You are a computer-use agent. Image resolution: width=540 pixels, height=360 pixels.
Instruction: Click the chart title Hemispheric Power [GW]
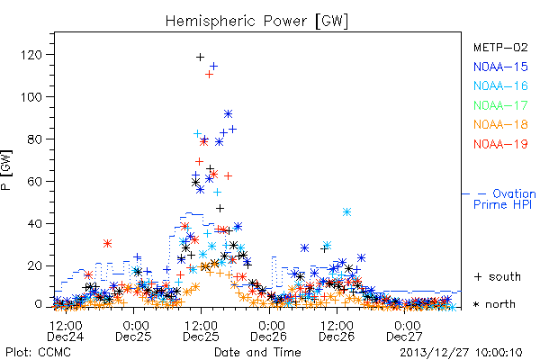[256, 22]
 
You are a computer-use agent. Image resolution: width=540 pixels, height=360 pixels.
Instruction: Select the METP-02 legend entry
[500, 47]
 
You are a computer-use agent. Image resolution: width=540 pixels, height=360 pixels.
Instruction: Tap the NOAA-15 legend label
[500, 67]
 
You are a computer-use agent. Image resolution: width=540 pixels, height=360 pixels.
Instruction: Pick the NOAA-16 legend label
[500, 85]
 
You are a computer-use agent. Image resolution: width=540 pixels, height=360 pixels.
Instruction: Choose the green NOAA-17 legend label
[500, 105]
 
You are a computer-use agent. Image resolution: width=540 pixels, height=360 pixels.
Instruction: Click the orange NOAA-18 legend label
[500, 124]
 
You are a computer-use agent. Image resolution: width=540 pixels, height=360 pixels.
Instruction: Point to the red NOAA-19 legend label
[500, 144]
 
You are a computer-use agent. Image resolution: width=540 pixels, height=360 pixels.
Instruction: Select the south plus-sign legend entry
[498, 276]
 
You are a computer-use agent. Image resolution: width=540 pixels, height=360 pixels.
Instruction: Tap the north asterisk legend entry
[494, 304]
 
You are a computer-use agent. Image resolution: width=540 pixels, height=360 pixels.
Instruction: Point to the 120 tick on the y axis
[31, 55]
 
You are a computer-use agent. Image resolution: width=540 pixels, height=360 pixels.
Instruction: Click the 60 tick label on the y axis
[34, 182]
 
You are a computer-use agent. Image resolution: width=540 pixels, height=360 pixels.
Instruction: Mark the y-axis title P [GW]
[6, 170]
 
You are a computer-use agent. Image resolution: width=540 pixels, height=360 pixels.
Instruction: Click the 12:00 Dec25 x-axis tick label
[201, 331]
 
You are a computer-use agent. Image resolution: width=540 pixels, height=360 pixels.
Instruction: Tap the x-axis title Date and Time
[257, 353]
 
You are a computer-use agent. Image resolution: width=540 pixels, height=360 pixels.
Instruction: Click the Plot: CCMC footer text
[38, 353]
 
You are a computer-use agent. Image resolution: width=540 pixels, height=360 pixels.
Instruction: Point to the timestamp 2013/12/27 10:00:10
[461, 353]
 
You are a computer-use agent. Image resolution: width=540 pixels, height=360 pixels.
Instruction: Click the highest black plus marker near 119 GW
[200, 58]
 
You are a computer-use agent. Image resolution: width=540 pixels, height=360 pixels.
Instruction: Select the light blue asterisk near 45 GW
[346, 211]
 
